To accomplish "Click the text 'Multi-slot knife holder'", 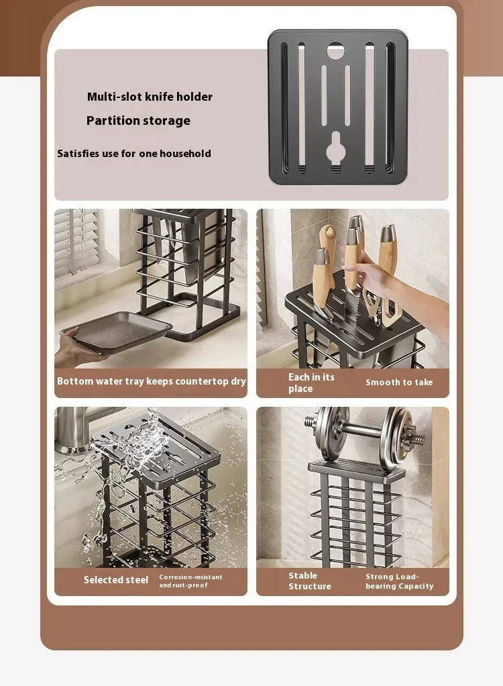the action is (x=150, y=97).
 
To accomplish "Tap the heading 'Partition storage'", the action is (x=138, y=121).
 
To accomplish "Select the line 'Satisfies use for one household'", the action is (x=134, y=154).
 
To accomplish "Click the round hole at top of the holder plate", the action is (x=335, y=51).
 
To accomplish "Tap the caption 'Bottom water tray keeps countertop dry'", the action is (x=151, y=381).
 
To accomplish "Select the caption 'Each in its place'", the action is (x=311, y=383).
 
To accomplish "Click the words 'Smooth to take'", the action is (x=399, y=383).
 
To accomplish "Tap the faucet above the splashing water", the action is (x=78, y=429).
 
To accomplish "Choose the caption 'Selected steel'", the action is (x=116, y=580).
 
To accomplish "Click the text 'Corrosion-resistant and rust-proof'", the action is (x=190, y=581).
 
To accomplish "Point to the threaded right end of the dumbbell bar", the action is (x=421, y=438).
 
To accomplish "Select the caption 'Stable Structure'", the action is (x=309, y=581).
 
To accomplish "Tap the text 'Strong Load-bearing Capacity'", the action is (x=400, y=581).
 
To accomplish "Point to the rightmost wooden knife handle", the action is (x=387, y=250).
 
